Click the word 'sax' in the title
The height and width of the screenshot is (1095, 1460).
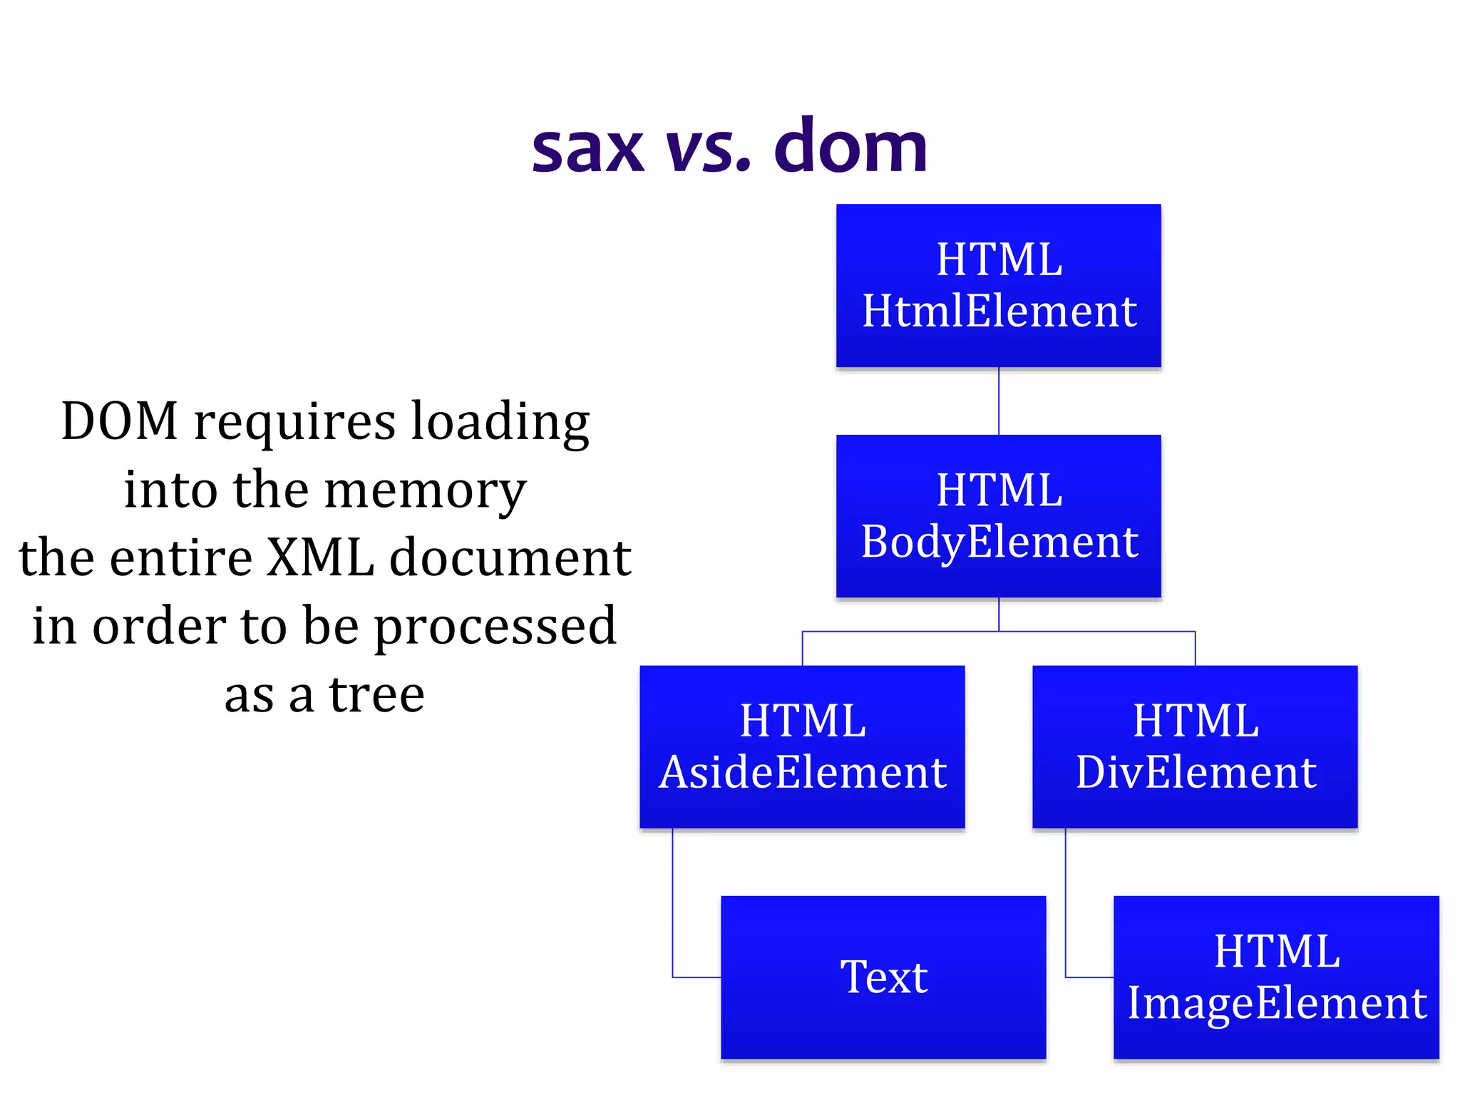click(x=587, y=150)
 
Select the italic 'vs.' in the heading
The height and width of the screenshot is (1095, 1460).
click(x=708, y=150)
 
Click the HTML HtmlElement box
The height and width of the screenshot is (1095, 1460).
click(x=998, y=285)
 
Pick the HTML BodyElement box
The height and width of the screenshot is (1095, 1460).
click(x=998, y=515)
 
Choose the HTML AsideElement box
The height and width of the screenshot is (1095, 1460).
click(x=802, y=746)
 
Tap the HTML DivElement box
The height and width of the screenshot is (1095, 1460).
click(x=1195, y=746)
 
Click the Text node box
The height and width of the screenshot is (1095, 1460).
click(x=883, y=977)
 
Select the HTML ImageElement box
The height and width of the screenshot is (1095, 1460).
click(x=1276, y=977)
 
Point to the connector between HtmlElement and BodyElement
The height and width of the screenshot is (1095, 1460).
click(x=999, y=401)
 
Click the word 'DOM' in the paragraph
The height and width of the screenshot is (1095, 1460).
click(x=119, y=421)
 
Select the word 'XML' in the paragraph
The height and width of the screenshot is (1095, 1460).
click(x=320, y=557)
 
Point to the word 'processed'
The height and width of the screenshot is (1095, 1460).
click(x=495, y=626)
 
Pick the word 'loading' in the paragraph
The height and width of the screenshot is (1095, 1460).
click(x=500, y=422)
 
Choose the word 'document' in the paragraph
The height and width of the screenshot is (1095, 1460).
click(x=510, y=557)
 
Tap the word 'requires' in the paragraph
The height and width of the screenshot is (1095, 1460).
click(x=294, y=422)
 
